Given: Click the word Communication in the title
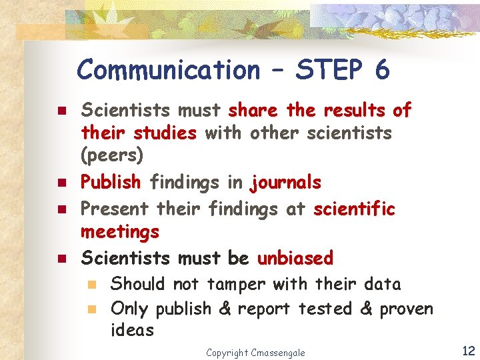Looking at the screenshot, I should coord(169,69).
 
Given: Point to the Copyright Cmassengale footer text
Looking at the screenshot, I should coord(255,352).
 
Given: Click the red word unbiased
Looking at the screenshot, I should coord(295,257).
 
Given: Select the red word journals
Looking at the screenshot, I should coord(285,182).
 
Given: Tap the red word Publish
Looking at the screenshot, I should coord(110,182).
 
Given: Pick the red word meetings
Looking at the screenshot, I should coord(120,232).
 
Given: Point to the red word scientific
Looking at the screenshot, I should coord(354,208).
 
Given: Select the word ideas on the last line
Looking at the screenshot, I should coord(132,331).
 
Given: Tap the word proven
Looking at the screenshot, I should coord(406,309).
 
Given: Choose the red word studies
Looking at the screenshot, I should coord(165,133).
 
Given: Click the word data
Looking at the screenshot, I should coord(383,284).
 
